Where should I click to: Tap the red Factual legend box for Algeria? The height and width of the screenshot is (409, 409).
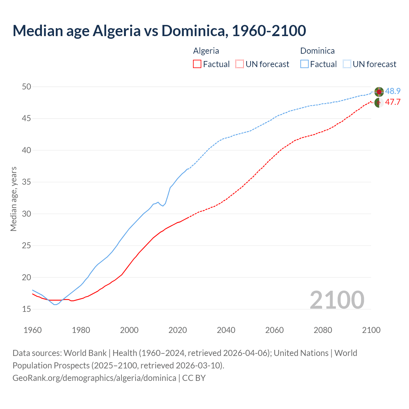[x=197, y=64]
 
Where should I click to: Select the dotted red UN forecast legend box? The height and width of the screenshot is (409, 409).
[x=240, y=64]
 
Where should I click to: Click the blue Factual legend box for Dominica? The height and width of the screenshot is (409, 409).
[x=305, y=64]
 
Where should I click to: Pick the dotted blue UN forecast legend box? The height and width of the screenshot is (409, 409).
[x=347, y=64]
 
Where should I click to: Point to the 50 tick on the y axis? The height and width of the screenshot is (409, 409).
[x=27, y=87]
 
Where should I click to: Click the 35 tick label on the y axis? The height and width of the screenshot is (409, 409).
[x=27, y=182]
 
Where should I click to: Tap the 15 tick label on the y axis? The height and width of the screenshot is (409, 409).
[x=27, y=309]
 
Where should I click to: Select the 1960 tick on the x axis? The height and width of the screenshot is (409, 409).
[x=33, y=330]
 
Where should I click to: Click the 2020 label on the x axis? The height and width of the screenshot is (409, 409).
[x=178, y=330]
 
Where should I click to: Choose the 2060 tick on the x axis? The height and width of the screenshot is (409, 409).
[x=274, y=330]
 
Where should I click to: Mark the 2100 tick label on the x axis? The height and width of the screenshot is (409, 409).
[x=371, y=330]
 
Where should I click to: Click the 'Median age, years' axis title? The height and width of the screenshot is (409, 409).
[x=13, y=199]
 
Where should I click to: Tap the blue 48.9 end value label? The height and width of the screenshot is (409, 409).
[x=393, y=91]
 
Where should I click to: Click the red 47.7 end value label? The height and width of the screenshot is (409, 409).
[x=393, y=102]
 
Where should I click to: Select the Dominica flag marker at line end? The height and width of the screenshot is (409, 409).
[x=379, y=92]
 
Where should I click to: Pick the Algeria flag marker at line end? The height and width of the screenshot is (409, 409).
[x=379, y=103]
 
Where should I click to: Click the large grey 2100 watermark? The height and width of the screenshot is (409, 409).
[x=337, y=300]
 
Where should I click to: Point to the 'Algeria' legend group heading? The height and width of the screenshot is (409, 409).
[x=206, y=51]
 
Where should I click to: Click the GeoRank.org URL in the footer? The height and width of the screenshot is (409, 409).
[x=94, y=378]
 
